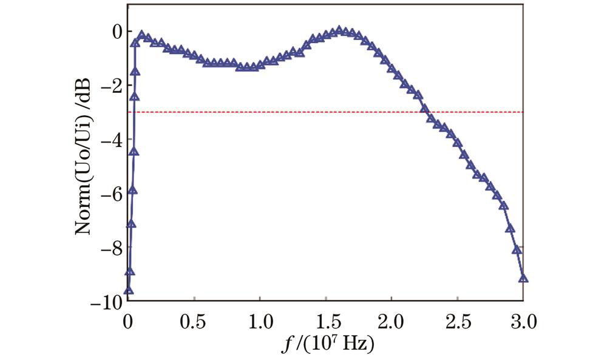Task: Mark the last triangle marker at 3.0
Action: point(523,279)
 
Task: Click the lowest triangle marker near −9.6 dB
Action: point(128,290)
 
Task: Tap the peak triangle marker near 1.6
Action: point(340,30)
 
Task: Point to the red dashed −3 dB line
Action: point(273,112)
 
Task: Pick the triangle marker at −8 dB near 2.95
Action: point(517,250)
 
